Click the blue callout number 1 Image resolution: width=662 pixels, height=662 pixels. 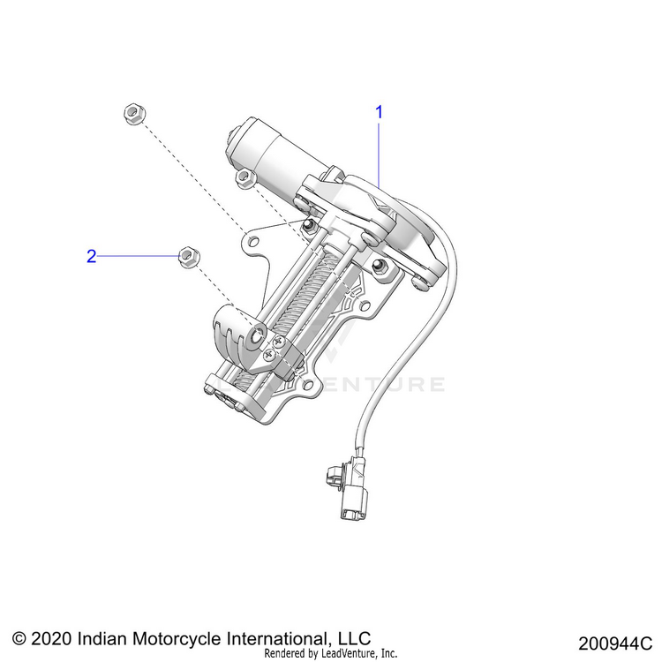tap(380, 112)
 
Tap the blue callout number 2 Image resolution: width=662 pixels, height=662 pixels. tap(90, 257)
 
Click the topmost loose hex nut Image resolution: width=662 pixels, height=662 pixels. tap(133, 113)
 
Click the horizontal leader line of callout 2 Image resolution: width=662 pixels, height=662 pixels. tap(137, 256)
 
